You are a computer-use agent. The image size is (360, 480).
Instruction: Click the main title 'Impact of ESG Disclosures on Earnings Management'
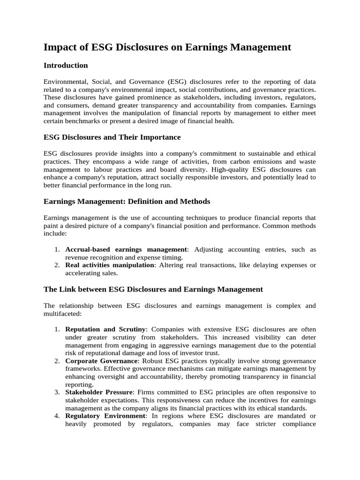(x=167, y=47)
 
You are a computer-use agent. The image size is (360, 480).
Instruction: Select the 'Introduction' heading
(x=66, y=65)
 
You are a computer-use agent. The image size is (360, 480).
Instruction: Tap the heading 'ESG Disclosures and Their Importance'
(x=112, y=137)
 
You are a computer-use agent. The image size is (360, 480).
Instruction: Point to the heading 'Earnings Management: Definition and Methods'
(x=127, y=201)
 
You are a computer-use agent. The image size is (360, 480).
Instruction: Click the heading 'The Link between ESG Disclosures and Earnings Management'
(x=153, y=289)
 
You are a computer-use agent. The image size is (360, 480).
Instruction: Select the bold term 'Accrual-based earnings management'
(x=126, y=249)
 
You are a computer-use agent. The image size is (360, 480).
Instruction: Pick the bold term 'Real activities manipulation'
(x=110, y=265)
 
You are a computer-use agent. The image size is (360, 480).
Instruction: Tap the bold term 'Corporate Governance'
(x=102, y=361)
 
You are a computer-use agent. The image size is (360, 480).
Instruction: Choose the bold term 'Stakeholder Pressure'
(x=99, y=392)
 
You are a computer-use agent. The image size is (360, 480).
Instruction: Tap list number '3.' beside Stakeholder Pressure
(x=56, y=392)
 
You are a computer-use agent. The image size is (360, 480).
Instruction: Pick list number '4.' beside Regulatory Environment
(x=56, y=416)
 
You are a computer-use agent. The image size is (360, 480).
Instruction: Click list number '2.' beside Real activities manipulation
(x=56, y=265)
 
